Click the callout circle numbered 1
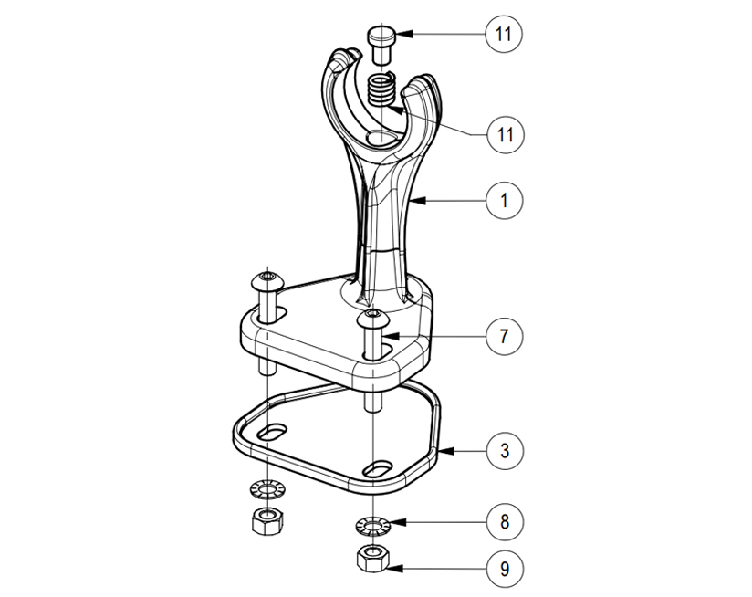click(504, 200)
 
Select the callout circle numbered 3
click(505, 451)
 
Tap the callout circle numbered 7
click(504, 336)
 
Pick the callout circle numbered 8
click(505, 522)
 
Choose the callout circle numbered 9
click(505, 569)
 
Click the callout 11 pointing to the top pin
click(504, 34)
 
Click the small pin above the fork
click(381, 45)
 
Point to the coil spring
click(381, 89)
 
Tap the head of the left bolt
click(267, 279)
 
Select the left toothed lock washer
click(266, 489)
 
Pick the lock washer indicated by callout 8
click(372, 527)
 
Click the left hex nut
click(267, 520)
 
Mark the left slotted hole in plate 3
click(271, 431)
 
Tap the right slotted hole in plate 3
click(378, 468)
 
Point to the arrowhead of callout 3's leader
click(446, 451)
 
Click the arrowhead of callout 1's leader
click(419, 201)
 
